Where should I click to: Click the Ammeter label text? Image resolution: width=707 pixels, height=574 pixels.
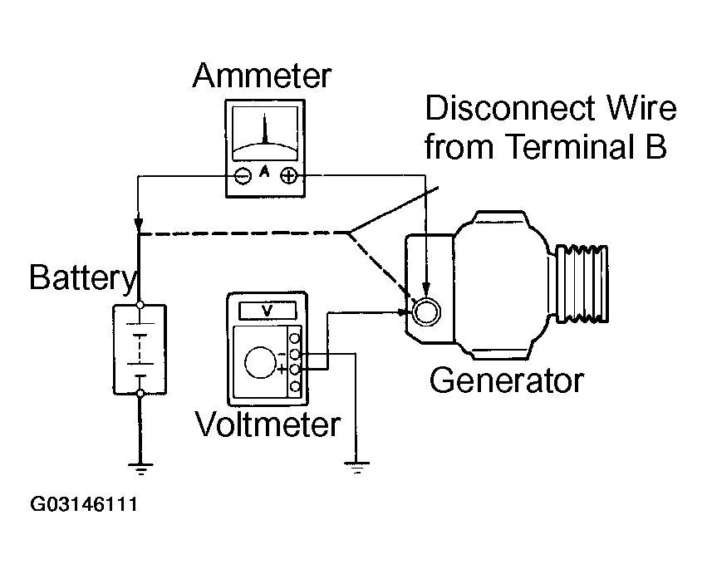[x=262, y=76]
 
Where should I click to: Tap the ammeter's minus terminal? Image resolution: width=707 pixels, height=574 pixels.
[x=242, y=175]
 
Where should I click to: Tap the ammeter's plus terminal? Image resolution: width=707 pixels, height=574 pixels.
[x=288, y=175]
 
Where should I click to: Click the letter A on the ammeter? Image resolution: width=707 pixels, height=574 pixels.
[x=264, y=172]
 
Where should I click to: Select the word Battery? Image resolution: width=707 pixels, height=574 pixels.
[x=81, y=278]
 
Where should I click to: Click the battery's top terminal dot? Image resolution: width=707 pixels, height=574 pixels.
[x=140, y=305]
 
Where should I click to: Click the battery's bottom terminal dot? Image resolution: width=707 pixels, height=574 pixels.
[x=140, y=393]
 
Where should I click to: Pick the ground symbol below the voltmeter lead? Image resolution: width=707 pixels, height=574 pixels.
[x=356, y=468]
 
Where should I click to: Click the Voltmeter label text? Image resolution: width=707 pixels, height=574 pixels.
[x=267, y=424]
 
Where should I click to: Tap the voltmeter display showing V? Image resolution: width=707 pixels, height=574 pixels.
[x=268, y=310]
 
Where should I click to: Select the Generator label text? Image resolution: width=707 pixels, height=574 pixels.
[x=506, y=381]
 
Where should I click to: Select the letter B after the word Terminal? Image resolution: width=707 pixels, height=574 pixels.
[x=656, y=146]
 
